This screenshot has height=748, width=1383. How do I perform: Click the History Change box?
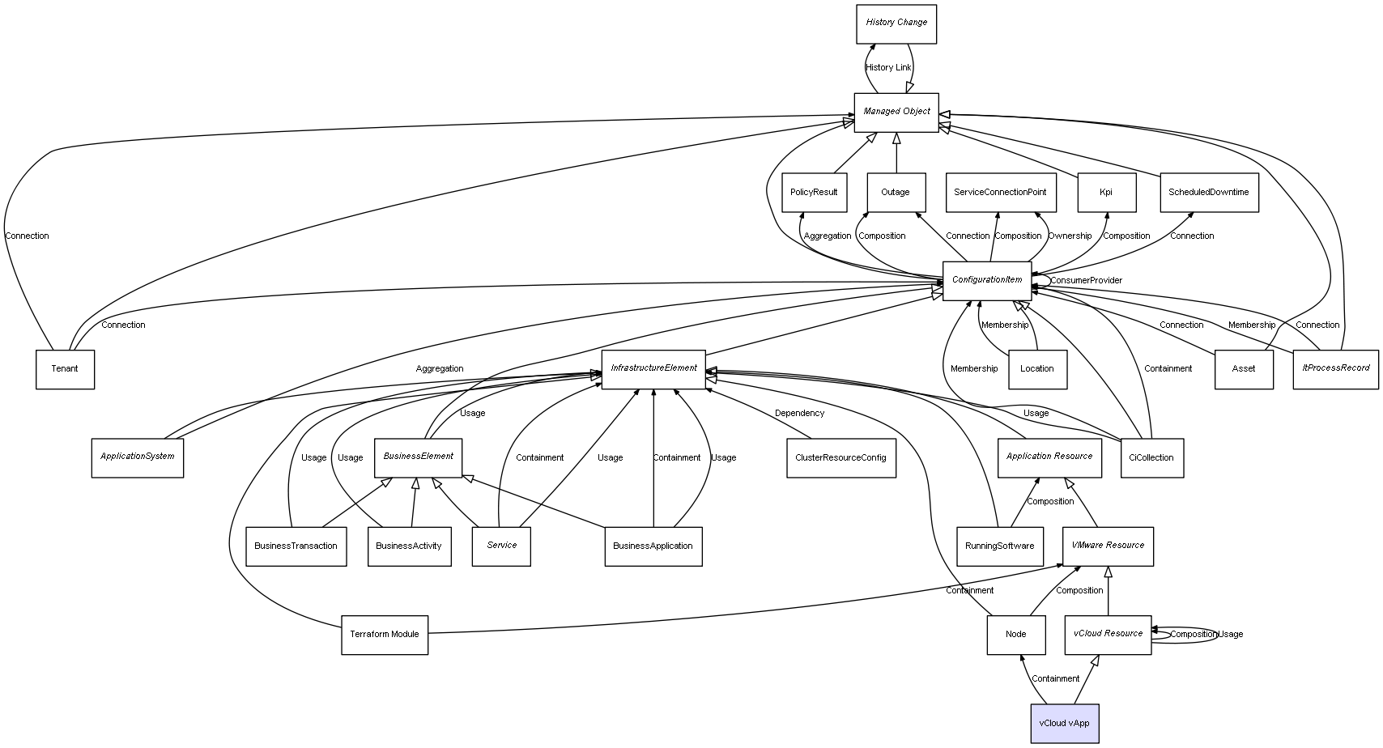click(896, 23)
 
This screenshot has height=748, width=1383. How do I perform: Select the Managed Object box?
click(896, 113)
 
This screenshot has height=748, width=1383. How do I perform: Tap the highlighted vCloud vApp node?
click(1064, 723)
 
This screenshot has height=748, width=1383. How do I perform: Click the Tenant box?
click(65, 369)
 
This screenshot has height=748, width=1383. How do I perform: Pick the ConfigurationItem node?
click(987, 281)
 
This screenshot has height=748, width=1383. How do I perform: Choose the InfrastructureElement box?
click(653, 369)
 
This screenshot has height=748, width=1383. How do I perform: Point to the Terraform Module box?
click(385, 635)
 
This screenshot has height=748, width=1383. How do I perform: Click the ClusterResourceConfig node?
click(840, 458)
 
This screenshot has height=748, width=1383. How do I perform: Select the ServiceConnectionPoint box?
click(1000, 193)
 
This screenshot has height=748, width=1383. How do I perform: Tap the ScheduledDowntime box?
click(1208, 193)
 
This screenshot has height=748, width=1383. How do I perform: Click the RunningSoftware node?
click(999, 546)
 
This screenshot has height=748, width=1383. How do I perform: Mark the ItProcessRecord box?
click(1335, 369)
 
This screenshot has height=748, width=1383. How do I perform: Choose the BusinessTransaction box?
click(296, 546)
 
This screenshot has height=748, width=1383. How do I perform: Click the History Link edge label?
click(888, 68)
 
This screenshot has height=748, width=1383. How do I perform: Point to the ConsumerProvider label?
click(1086, 281)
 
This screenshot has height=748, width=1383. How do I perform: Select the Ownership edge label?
click(1070, 236)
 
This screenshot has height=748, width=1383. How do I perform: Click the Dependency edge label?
click(799, 414)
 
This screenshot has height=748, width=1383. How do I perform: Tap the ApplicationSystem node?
click(138, 457)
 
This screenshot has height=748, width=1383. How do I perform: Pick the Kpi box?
click(1106, 193)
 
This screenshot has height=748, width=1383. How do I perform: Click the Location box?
click(1037, 369)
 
